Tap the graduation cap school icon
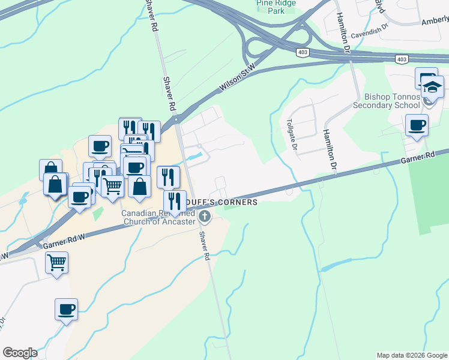[x=432, y=88]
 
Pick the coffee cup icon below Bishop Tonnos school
[x=417, y=125]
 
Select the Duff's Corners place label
[x=223, y=202]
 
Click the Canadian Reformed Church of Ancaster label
[x=158, y=217]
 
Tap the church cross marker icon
[x=204, y=217]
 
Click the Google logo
[x=20, y=353]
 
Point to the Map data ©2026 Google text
[x=412, y=355]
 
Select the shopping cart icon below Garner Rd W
[x=56, y=262]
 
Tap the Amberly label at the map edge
[x=434, y=20]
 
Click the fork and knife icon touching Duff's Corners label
[x=175, y=202]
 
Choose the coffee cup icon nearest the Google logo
[x=67, y=310]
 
